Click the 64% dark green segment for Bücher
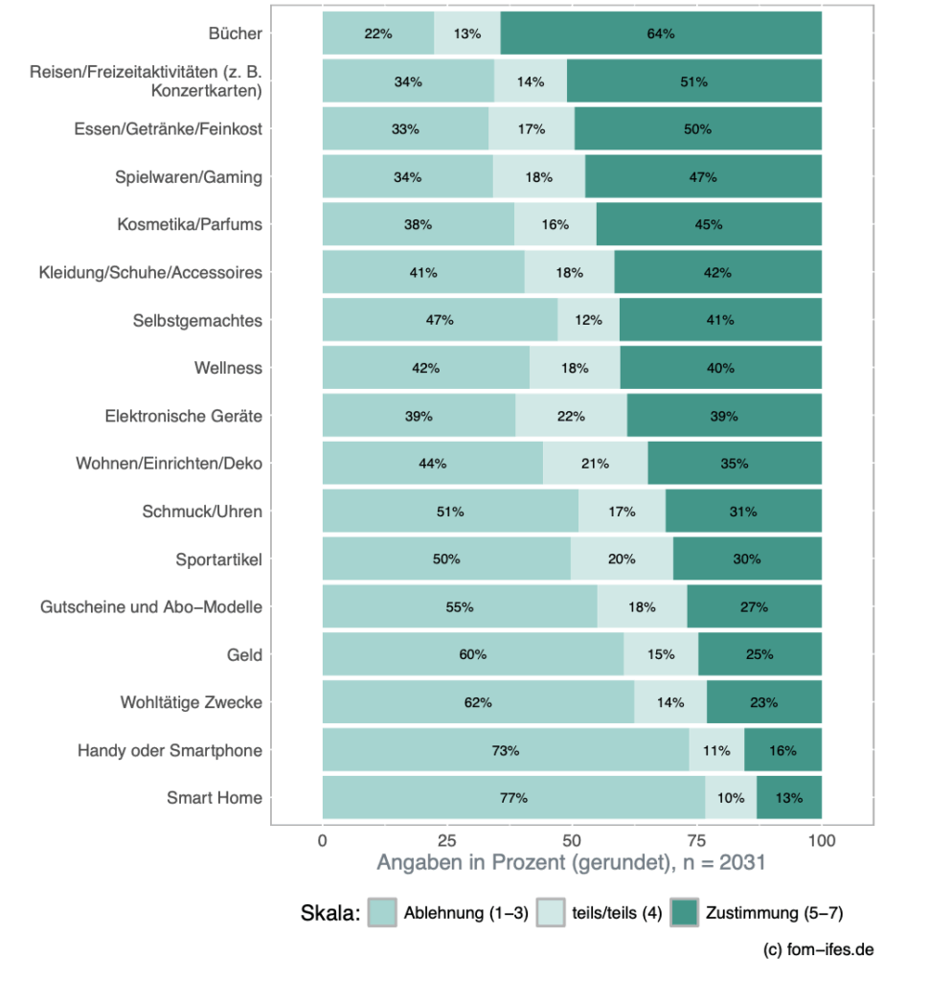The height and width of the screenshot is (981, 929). [661, 34]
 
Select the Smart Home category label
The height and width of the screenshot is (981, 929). [214, 798]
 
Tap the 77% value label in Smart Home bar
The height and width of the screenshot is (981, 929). [513, 798]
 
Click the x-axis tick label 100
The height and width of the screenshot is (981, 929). [822, 841]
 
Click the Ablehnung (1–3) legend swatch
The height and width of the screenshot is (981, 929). [383, 912]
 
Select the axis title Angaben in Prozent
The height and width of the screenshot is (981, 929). [571, 863]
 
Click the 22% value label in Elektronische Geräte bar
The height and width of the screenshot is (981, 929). [572, 417]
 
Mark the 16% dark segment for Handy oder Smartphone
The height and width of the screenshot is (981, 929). [782, 750]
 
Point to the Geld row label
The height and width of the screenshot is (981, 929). [244, 655]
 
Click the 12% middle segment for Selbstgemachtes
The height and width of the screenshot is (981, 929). [589, 321]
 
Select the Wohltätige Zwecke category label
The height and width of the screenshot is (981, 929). [191, 702]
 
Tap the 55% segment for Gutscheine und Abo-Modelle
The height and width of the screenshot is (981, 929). [460, 607]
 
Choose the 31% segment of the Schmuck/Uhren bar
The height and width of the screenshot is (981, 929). [743, 512]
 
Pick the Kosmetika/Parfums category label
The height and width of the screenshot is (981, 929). [190, 225]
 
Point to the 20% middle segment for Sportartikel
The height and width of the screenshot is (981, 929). [622, 559]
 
